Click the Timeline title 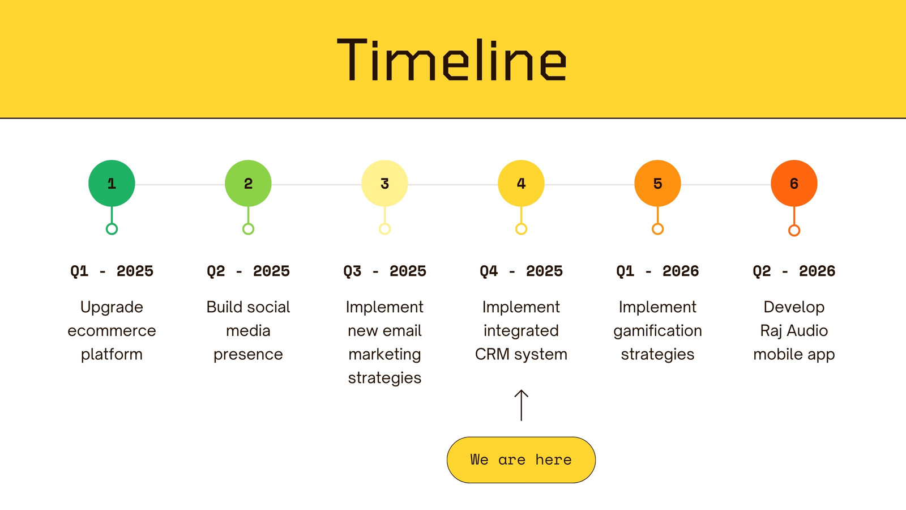[x=451, y=60]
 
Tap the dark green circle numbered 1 [x=112, y=184]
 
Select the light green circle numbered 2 [x=248, y=184]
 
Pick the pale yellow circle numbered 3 [x=384, y=184]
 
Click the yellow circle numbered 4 [x=521, y=184]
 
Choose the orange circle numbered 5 [x=657, y=184]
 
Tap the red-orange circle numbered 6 [x=794, y=184]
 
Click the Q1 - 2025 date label [x=112, y=271]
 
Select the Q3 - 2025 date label [x=384, y=271]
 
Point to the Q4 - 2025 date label [x=521, y=271]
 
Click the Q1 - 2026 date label [x=657, y=271]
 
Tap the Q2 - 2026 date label [x=794, y=271]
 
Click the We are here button [x=521, y=460]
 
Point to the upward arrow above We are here [x=521, y=405]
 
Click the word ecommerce [x=112, y=331]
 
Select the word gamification [x=657, y=331]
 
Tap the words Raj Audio [x=794, y=331]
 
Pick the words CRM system [x=521, y=355]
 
